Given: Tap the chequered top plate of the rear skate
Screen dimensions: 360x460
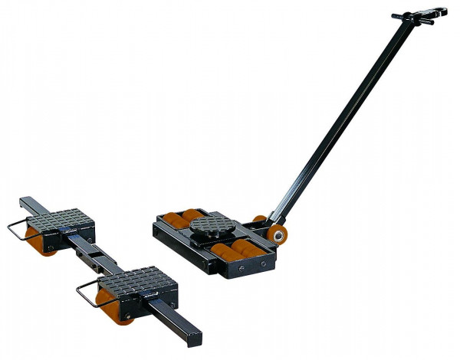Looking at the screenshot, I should pyautogui.click(x=66, y=220).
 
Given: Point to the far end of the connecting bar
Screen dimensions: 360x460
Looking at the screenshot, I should pyautogui.click(x=28, y=203).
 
